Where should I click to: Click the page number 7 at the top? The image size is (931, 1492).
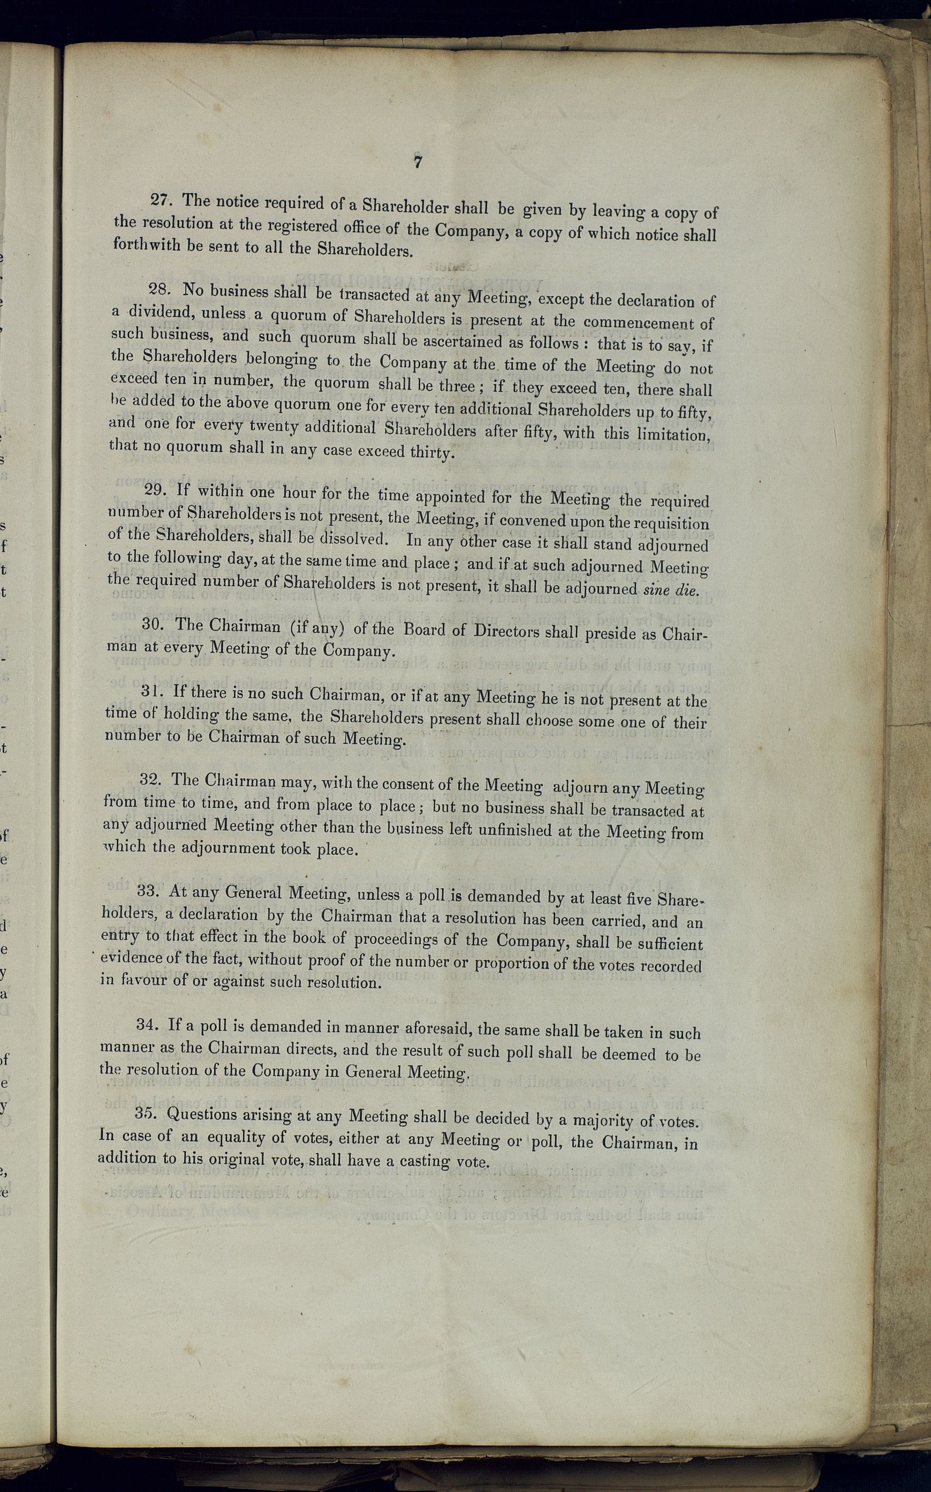tap(418, 162)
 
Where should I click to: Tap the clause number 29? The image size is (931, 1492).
tap(155, 489)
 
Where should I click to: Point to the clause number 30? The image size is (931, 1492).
tap(153, 624)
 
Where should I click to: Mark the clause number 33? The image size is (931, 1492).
tap(148, 890)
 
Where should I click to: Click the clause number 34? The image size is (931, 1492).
tap(147, 1024)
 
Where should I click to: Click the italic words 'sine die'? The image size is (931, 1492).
tap(670, 589)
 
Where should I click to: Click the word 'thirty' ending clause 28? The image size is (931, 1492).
tap(432, 452)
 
